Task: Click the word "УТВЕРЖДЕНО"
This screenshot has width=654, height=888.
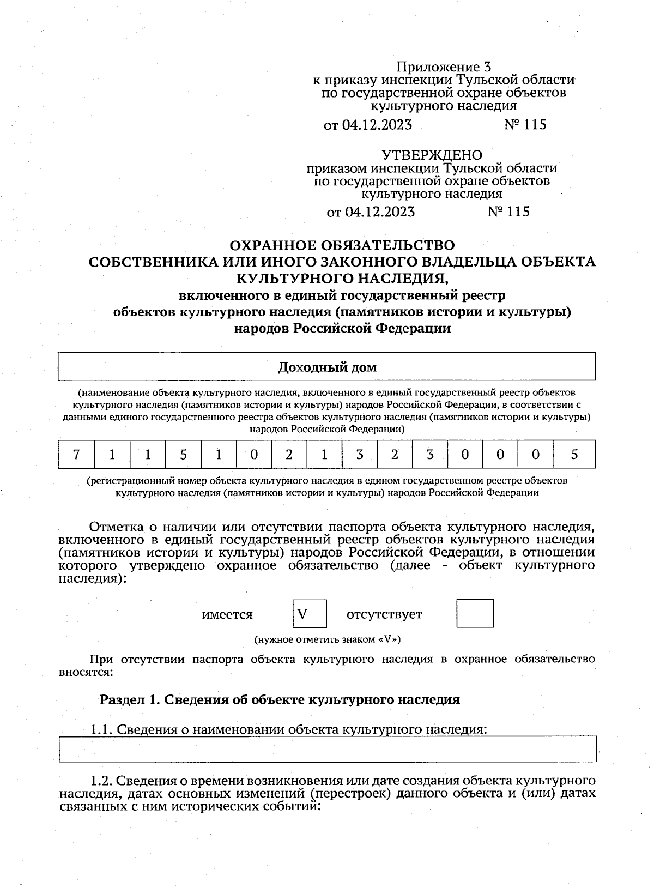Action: [432, 155]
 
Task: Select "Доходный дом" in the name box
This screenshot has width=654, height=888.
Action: [327, 367]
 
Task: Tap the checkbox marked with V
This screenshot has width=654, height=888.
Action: [310, 613]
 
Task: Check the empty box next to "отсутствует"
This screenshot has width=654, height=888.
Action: [474, 613]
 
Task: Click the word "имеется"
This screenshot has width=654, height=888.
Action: [227, 614]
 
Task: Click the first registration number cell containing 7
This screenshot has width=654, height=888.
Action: [76, 455]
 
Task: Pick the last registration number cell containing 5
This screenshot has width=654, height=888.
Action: [574, 455]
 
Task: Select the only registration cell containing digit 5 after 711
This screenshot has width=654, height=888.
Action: [183, 455]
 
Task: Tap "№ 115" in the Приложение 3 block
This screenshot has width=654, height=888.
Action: [525, 125]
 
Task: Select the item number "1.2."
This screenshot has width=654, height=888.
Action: [101, 781]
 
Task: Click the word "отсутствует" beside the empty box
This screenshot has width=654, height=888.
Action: [384, 614]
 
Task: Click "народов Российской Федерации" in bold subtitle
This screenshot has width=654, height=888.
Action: [342, 329]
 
